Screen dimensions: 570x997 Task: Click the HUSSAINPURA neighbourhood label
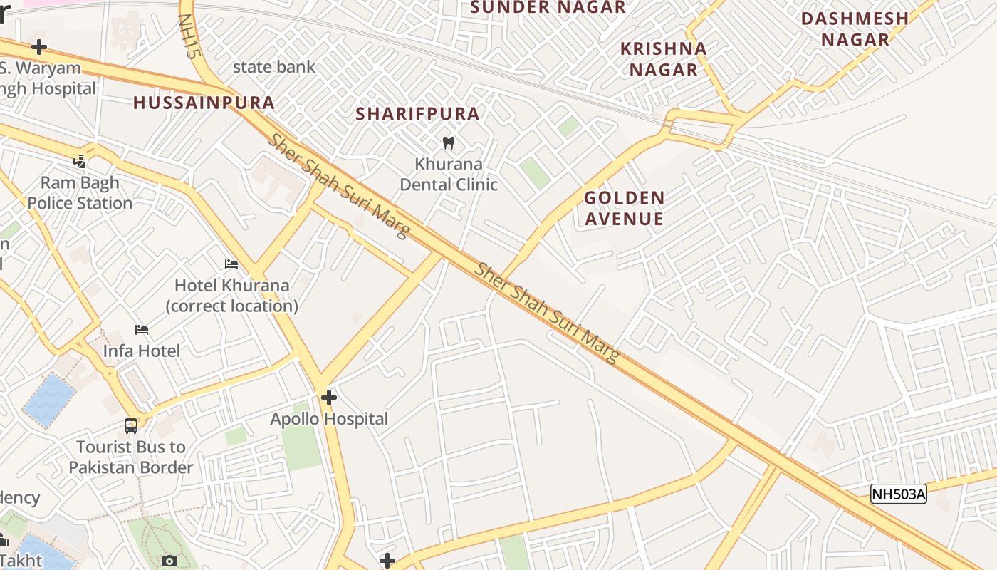tap(204, 103)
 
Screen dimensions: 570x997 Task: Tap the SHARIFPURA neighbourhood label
tap(417, 113)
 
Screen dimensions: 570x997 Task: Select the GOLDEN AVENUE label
tap(625, 208)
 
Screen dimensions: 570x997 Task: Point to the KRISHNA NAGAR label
tap(663, 59)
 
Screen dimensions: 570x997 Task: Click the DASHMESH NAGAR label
tap(855, 28)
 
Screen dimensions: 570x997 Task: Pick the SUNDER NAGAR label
tap(548, 7)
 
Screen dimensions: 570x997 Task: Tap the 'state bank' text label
tap(273, 67)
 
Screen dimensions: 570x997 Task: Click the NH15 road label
tap(190, 36)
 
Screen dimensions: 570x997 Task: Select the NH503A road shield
tap(899, 494)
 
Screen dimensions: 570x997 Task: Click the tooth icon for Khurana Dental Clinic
tap(449, 142)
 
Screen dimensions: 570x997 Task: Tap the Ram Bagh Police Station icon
tap(80, 162)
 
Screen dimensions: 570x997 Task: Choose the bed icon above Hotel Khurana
tap(231, 264)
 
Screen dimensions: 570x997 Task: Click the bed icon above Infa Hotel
tap(142, 330)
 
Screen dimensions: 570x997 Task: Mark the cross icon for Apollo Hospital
tap(328, 398)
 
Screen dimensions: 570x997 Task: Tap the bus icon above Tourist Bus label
tap(131, 426)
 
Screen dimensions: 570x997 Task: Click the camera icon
tap(169, 561)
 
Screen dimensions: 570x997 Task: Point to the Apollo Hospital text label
tap(329, 419)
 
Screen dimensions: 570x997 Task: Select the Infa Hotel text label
tap(142, 351)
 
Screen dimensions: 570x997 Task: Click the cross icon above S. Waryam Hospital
tap(39, 47)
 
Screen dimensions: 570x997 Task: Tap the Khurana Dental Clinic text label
tap(449, 174)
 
